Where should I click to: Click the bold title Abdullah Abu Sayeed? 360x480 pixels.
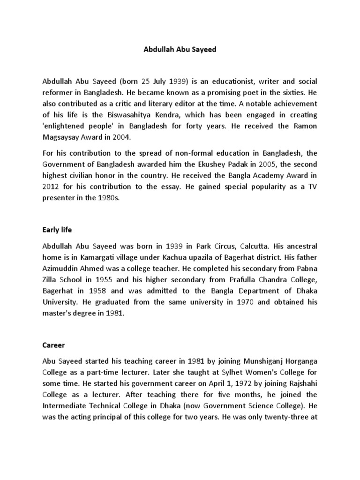(180, 49)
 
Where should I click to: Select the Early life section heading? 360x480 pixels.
(57, 230)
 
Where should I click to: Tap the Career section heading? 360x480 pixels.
(53, 345)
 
